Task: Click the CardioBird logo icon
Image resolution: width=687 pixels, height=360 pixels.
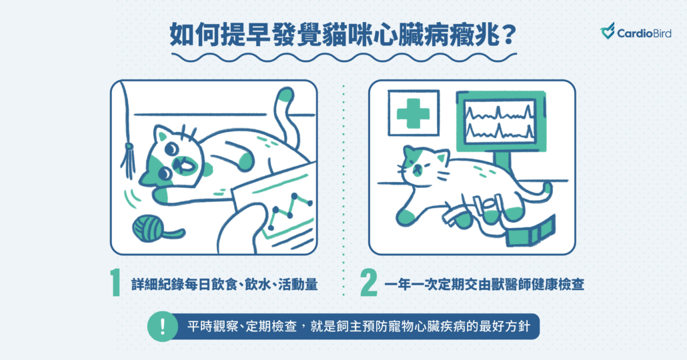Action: coord(607,31)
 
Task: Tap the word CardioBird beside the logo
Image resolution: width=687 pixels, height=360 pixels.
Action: coord(644,33)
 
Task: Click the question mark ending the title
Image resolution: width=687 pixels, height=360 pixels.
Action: coord(508,36)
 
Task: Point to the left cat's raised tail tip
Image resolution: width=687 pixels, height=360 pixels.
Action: coord(285,95)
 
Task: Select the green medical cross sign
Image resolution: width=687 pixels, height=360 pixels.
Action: coord(413,113)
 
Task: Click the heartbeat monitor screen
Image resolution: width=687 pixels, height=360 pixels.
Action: coord(500,121)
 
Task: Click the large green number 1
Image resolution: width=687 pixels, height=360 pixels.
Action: coord(115,283)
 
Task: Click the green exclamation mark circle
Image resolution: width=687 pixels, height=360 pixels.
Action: coord(163,326)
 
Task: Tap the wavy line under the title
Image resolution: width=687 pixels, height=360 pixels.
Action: coord(344,57)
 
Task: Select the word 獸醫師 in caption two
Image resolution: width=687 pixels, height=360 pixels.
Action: coord(500,284)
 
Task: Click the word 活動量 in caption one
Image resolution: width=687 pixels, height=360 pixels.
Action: coord(298,284)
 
